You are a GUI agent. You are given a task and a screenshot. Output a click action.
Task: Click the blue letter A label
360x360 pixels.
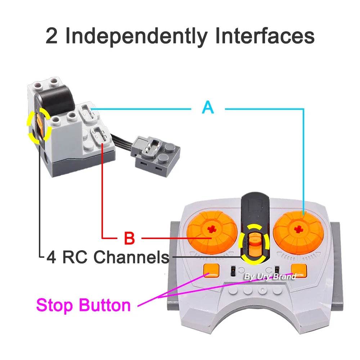208,107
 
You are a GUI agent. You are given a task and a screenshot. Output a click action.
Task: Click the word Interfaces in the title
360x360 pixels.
264,36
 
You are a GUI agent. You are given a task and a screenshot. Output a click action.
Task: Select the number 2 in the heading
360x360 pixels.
52,36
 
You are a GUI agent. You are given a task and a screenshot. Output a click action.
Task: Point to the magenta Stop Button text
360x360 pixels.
83,305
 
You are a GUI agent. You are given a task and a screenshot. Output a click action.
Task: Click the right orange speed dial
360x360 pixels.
298,230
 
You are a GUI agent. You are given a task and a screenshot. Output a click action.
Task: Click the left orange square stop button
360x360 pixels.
211,271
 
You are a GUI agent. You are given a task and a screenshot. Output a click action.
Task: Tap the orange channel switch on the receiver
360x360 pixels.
39,127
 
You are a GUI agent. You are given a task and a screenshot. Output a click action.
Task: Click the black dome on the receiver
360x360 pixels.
57,97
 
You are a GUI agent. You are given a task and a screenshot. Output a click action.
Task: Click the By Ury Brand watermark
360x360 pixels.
270,276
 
